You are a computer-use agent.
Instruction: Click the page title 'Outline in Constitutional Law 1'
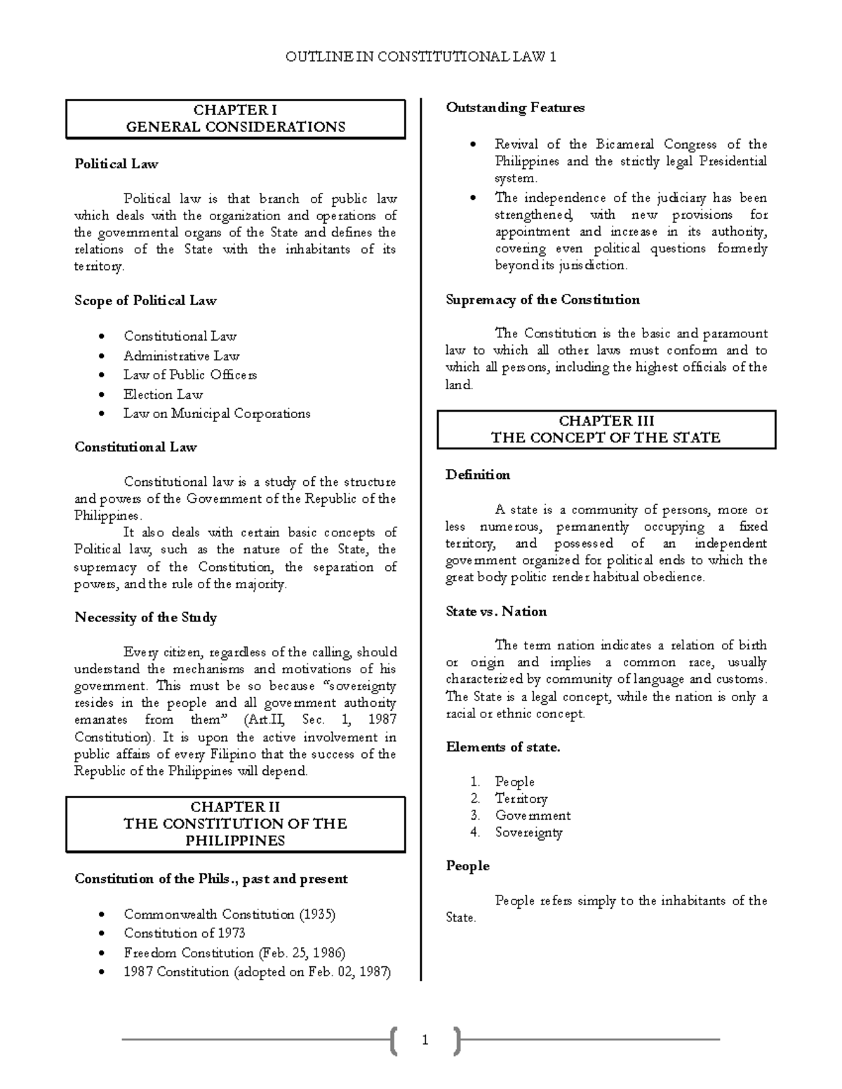coord(420,57)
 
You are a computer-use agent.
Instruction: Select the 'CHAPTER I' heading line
coord(235,110)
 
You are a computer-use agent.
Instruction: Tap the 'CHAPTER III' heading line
coord(606,421)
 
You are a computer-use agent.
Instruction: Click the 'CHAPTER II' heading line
coord(235,806)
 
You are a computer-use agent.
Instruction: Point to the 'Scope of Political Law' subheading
coord(145,301)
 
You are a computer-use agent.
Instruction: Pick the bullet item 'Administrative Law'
coord(182,356)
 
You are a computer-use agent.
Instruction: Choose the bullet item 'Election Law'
coord(163,394)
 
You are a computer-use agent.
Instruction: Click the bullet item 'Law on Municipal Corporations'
coord(217,414)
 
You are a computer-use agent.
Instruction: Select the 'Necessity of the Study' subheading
coord(145,618)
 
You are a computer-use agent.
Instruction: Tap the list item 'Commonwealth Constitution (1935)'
coord(229,914)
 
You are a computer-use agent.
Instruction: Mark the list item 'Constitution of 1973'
coord(185,933)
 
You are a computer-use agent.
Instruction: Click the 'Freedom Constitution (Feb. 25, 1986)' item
coord(234,953)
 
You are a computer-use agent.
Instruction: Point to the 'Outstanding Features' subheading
coord(515,108)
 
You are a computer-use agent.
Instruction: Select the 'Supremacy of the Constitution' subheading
coord(542,300)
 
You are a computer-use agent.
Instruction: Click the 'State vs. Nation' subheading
coord(496,611)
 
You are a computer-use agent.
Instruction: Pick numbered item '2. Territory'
coord(521,799)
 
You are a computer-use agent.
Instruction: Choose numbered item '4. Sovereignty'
coord(528,832)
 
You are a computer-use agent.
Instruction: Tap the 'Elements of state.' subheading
coord(503,748)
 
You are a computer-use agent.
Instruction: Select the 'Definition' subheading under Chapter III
coord(478,475)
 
